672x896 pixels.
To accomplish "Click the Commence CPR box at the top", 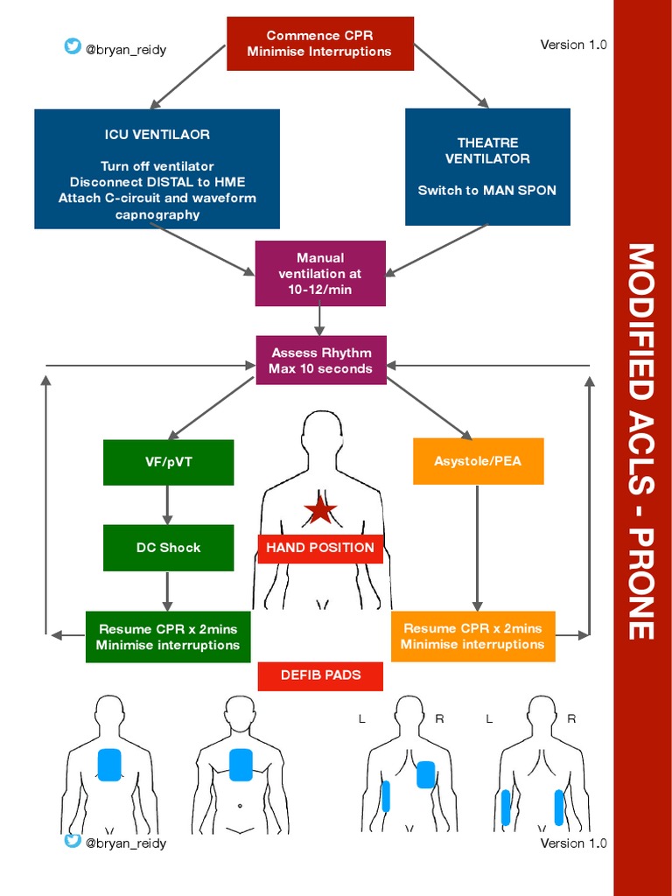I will point(319,44).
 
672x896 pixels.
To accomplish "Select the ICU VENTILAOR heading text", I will point(157,135).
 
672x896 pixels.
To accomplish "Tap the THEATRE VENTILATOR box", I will point(487,166).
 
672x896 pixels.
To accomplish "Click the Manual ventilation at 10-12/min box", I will point(320,273).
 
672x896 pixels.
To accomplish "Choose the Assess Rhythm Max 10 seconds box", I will point(320,360).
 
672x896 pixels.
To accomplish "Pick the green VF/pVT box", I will point(168,462).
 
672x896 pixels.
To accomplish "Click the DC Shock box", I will point(168,548).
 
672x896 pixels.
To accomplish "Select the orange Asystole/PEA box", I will point(478,461).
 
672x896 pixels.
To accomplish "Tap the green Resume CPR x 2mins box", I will point(168,637).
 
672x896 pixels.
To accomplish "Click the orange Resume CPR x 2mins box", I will point(472,636).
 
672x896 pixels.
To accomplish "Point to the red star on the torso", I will point(320,509).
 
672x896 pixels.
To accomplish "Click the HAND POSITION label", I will point(320,549).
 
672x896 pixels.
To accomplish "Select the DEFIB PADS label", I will point(320,675).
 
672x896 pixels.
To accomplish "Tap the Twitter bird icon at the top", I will point(72,46).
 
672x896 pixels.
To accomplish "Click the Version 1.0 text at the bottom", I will point(573,843).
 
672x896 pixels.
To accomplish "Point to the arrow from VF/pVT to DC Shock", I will point(168,504).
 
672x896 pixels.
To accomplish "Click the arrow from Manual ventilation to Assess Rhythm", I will point(320,320).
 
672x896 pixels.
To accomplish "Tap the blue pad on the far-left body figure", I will point(108,765).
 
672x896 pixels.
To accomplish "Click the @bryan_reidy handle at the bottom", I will point(126,843).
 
